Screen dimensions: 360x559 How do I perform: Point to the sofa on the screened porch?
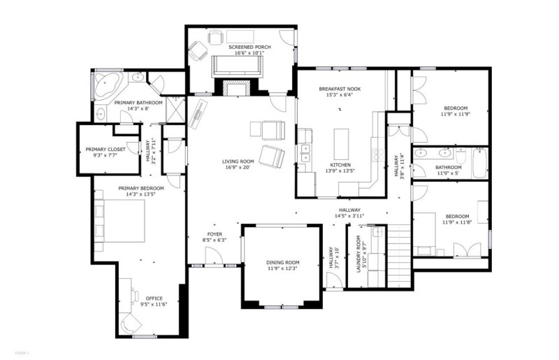click(237, 65)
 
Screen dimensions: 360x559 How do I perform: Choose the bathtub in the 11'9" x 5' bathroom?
click(478, 163)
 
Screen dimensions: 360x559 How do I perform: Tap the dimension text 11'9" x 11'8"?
click(458, 223)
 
